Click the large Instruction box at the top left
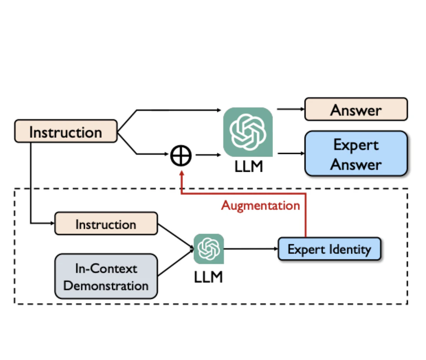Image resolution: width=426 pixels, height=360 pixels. [66, 132]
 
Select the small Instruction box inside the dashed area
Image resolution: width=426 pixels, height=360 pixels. [106, 224]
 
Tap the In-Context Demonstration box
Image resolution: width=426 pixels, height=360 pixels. [106, 277]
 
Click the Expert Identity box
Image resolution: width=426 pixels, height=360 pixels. [329, 249]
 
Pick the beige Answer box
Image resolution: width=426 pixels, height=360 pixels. [356, 110]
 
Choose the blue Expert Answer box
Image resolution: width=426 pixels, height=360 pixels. [356, 154]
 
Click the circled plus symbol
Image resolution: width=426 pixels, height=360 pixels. [180, 155]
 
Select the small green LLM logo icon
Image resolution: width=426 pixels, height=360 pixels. [209, 249]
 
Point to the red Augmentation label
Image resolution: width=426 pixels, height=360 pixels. [260, 205]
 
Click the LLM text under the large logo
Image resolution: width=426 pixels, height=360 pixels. [249, 167]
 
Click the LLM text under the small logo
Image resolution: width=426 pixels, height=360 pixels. [208, 277]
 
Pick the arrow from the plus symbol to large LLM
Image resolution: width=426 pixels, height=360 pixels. [206, 155]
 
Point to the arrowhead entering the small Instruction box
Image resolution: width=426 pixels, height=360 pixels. [52, 224]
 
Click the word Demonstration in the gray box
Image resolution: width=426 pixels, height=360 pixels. [106, 286]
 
